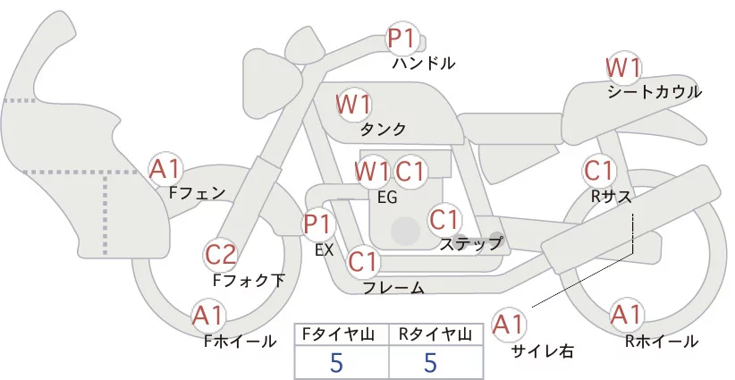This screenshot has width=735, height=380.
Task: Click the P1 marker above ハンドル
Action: pyautogui.click(x=402, y=39)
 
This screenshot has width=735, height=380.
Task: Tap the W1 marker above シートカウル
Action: pyautogui.click(x=624, y=68)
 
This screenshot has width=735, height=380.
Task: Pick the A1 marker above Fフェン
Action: pyautogui.click(x=165, y=167)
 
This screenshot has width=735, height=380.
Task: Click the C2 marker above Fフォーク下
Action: pyautogui.click(x=221, y=255)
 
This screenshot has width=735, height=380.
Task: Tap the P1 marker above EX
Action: pyautogui.click(x=318, y=224)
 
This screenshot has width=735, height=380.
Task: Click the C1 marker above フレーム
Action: pyautogui.click(x=363, y=262)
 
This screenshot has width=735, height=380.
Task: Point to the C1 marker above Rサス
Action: pyautogui.click(x=598, y=169)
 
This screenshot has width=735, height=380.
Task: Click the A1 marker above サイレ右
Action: pyautogui.click(x=510, y=324)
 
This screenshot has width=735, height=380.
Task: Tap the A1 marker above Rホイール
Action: pyautogui.click(x=627, y=315)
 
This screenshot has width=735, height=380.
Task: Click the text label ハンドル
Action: pyautogui.click(x=424, y=63)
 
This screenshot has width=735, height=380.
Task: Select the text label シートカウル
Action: pyautogui.click(x=655, y=92)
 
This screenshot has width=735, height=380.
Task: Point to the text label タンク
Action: pyautogui.click(x=384, y=129)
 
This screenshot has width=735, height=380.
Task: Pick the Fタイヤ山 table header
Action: pyautogui.click(x=342, y=334)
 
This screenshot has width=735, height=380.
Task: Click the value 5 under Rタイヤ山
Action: pyautogui.click(x=431, y=363)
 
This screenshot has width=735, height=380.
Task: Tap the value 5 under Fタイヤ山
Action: pyautogui.click(x=336, y=363)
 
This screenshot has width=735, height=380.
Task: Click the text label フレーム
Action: pyautogui.click(x=393, y=288)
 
